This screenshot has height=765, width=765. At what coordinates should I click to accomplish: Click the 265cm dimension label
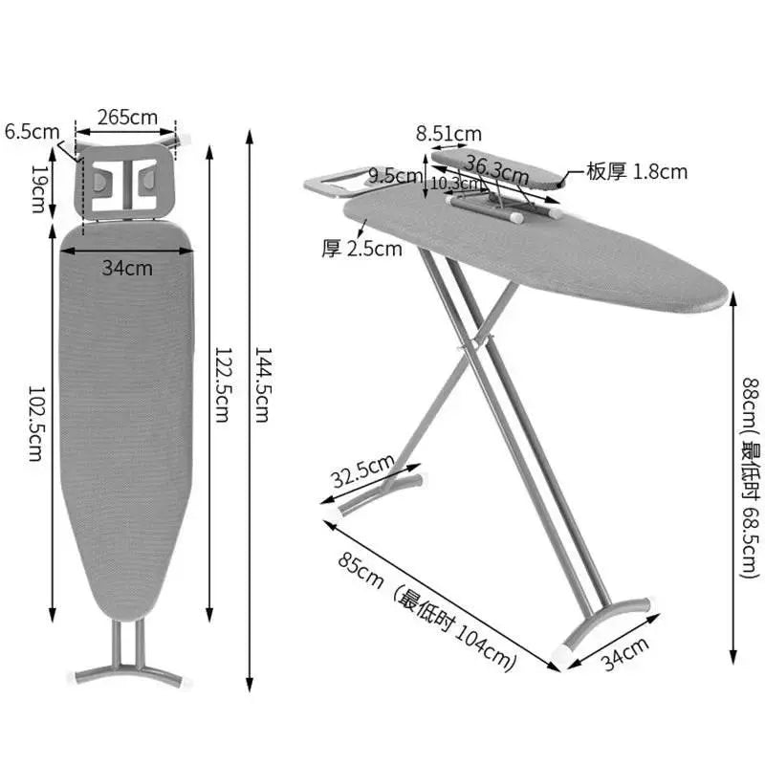pos(127,118)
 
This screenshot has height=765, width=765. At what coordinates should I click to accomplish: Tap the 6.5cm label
pos(33,132)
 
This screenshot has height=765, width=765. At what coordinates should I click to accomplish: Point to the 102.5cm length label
pos(36,424)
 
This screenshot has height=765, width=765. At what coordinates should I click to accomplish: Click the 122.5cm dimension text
pos(223,384)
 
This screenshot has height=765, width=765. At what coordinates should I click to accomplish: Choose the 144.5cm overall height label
pos(263,384)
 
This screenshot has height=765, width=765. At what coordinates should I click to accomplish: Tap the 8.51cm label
pos(448,134)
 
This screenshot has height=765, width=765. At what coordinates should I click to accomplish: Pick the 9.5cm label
pos(395,175)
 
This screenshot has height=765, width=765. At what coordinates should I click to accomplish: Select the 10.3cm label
pos(455,184)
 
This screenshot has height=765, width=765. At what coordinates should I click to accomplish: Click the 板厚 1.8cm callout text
pos(637,172)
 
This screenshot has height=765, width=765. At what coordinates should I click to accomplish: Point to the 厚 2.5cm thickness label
pos(361,249)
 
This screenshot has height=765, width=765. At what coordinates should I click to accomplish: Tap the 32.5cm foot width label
pos(363,471)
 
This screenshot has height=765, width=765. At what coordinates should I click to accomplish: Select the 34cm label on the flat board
pos(127,268)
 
